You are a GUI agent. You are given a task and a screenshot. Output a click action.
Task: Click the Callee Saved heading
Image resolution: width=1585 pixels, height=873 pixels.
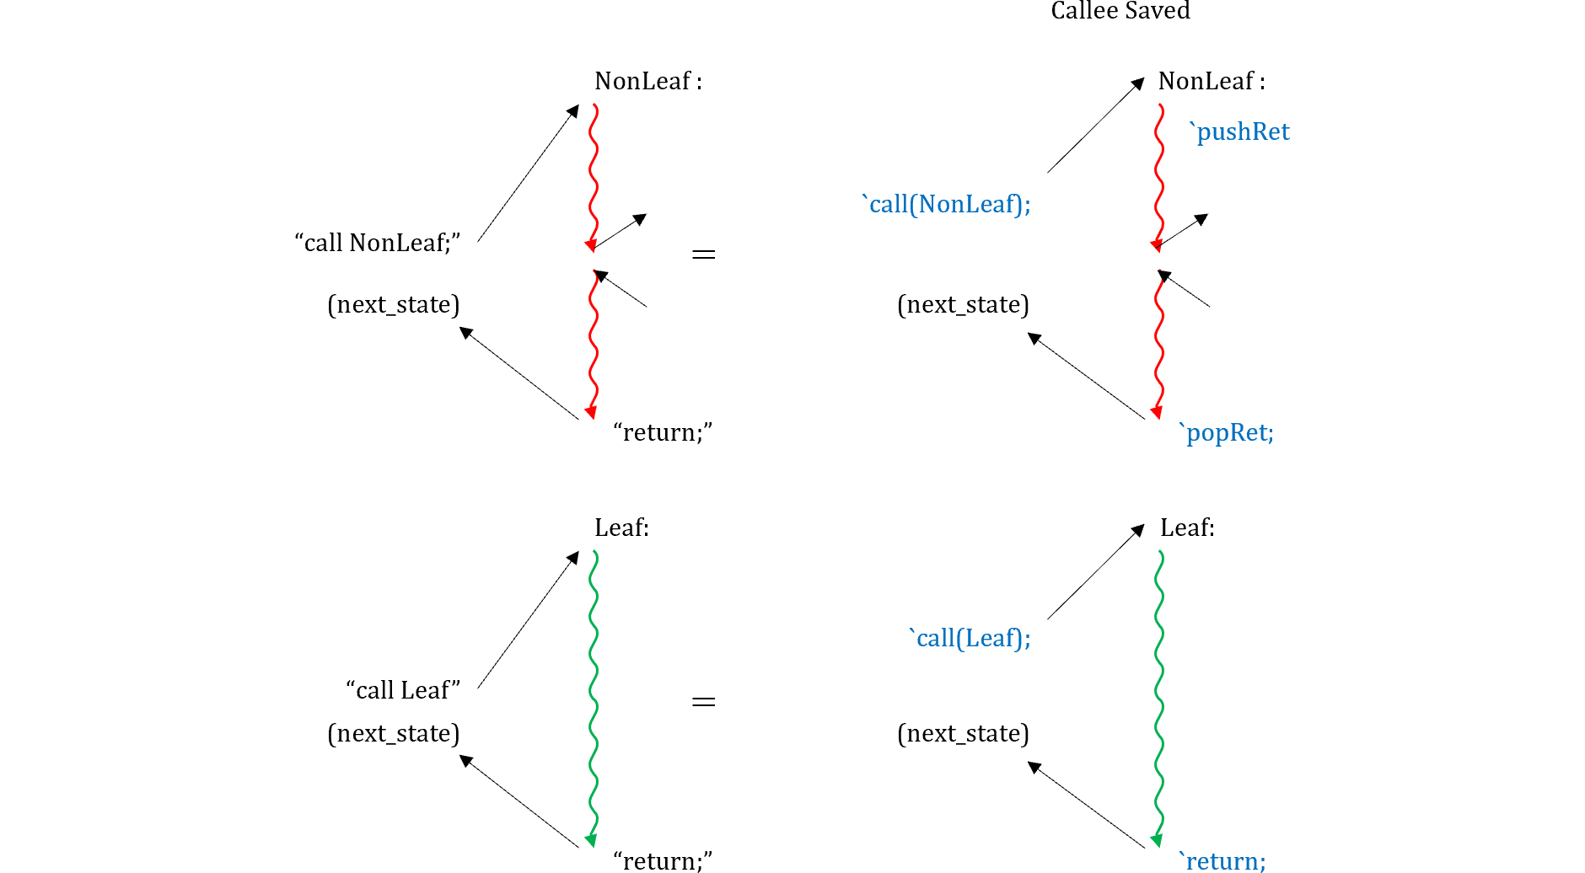[x=1120, y=11]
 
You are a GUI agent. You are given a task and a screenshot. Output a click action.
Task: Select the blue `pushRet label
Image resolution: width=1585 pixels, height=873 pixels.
[x=1238, y=131]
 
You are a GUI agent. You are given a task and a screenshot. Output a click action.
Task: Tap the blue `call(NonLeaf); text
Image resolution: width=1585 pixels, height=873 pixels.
[x=946, y=204]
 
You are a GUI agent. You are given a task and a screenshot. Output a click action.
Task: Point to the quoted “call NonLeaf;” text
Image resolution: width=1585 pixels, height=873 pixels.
[x=378, y=243]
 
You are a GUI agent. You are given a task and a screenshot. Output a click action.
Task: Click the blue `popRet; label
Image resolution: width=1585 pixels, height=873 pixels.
[x=1227, y=432]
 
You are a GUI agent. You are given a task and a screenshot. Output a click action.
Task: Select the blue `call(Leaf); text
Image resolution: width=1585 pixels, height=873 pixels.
[x=970, y=638]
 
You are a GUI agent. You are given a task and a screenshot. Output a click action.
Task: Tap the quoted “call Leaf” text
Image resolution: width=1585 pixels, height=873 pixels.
[x=403, y=690]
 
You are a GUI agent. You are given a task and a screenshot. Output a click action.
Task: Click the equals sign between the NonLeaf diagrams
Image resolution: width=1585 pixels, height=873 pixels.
[x=703, y=254]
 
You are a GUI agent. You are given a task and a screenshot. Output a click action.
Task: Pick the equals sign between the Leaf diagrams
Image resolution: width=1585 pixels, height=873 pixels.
[x=703, y=701]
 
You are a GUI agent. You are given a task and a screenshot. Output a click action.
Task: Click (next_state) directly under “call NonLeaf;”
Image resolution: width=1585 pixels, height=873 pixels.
[x=394, y=304]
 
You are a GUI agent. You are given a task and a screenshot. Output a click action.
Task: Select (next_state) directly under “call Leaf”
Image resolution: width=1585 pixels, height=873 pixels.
[x=394, y=733]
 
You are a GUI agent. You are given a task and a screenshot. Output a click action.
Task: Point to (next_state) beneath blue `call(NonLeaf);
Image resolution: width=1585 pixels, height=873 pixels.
[x=963, y=304]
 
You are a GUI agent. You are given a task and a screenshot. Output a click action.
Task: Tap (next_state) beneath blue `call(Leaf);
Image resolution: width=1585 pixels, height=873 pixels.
[x=963, y=733]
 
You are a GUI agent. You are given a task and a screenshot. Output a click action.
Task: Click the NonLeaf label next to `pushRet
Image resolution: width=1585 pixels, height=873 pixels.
[x=1211, y=81]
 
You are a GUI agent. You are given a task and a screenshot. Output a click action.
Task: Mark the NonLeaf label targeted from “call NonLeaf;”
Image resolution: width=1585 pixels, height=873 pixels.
[x=647, y=81]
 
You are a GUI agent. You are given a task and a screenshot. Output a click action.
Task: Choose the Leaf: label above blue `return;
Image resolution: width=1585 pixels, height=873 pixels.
[x=1187, y=528]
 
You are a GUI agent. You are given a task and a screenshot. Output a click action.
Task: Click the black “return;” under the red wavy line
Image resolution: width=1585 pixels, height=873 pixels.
[x=663, y=432]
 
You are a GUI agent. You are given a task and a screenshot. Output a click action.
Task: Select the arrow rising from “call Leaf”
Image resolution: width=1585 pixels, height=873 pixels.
[x=528, y=620]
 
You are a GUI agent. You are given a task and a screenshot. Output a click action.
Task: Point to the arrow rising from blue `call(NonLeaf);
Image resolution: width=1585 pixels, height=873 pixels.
[x=1095, y=126]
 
